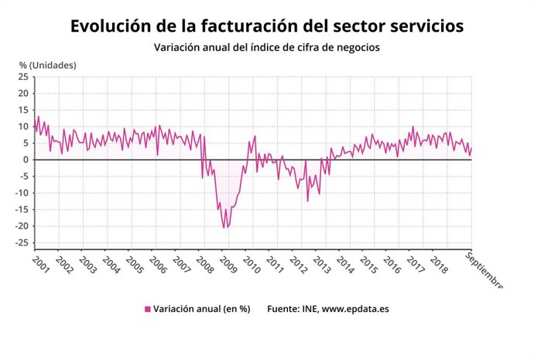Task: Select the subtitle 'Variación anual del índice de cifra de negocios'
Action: point(266,48)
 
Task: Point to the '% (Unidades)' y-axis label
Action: point(47,65)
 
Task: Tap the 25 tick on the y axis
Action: point(23,77)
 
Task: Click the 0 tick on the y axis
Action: point(26,159)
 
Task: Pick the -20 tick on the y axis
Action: point(22,226)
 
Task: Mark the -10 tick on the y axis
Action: point(22,193)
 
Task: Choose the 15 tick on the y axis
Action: point(23,110)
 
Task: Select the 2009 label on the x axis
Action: point(228,265)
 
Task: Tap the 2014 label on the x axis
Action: point(344,265)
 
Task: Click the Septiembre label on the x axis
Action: point(484,270)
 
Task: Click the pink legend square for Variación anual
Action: point(147,309)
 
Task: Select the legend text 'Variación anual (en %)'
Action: point(201,309)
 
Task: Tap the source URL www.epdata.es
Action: point(355,309)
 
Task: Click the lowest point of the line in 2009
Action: point(224,228)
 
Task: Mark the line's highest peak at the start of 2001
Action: point(39,117)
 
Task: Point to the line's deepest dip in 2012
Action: point(307,201)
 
